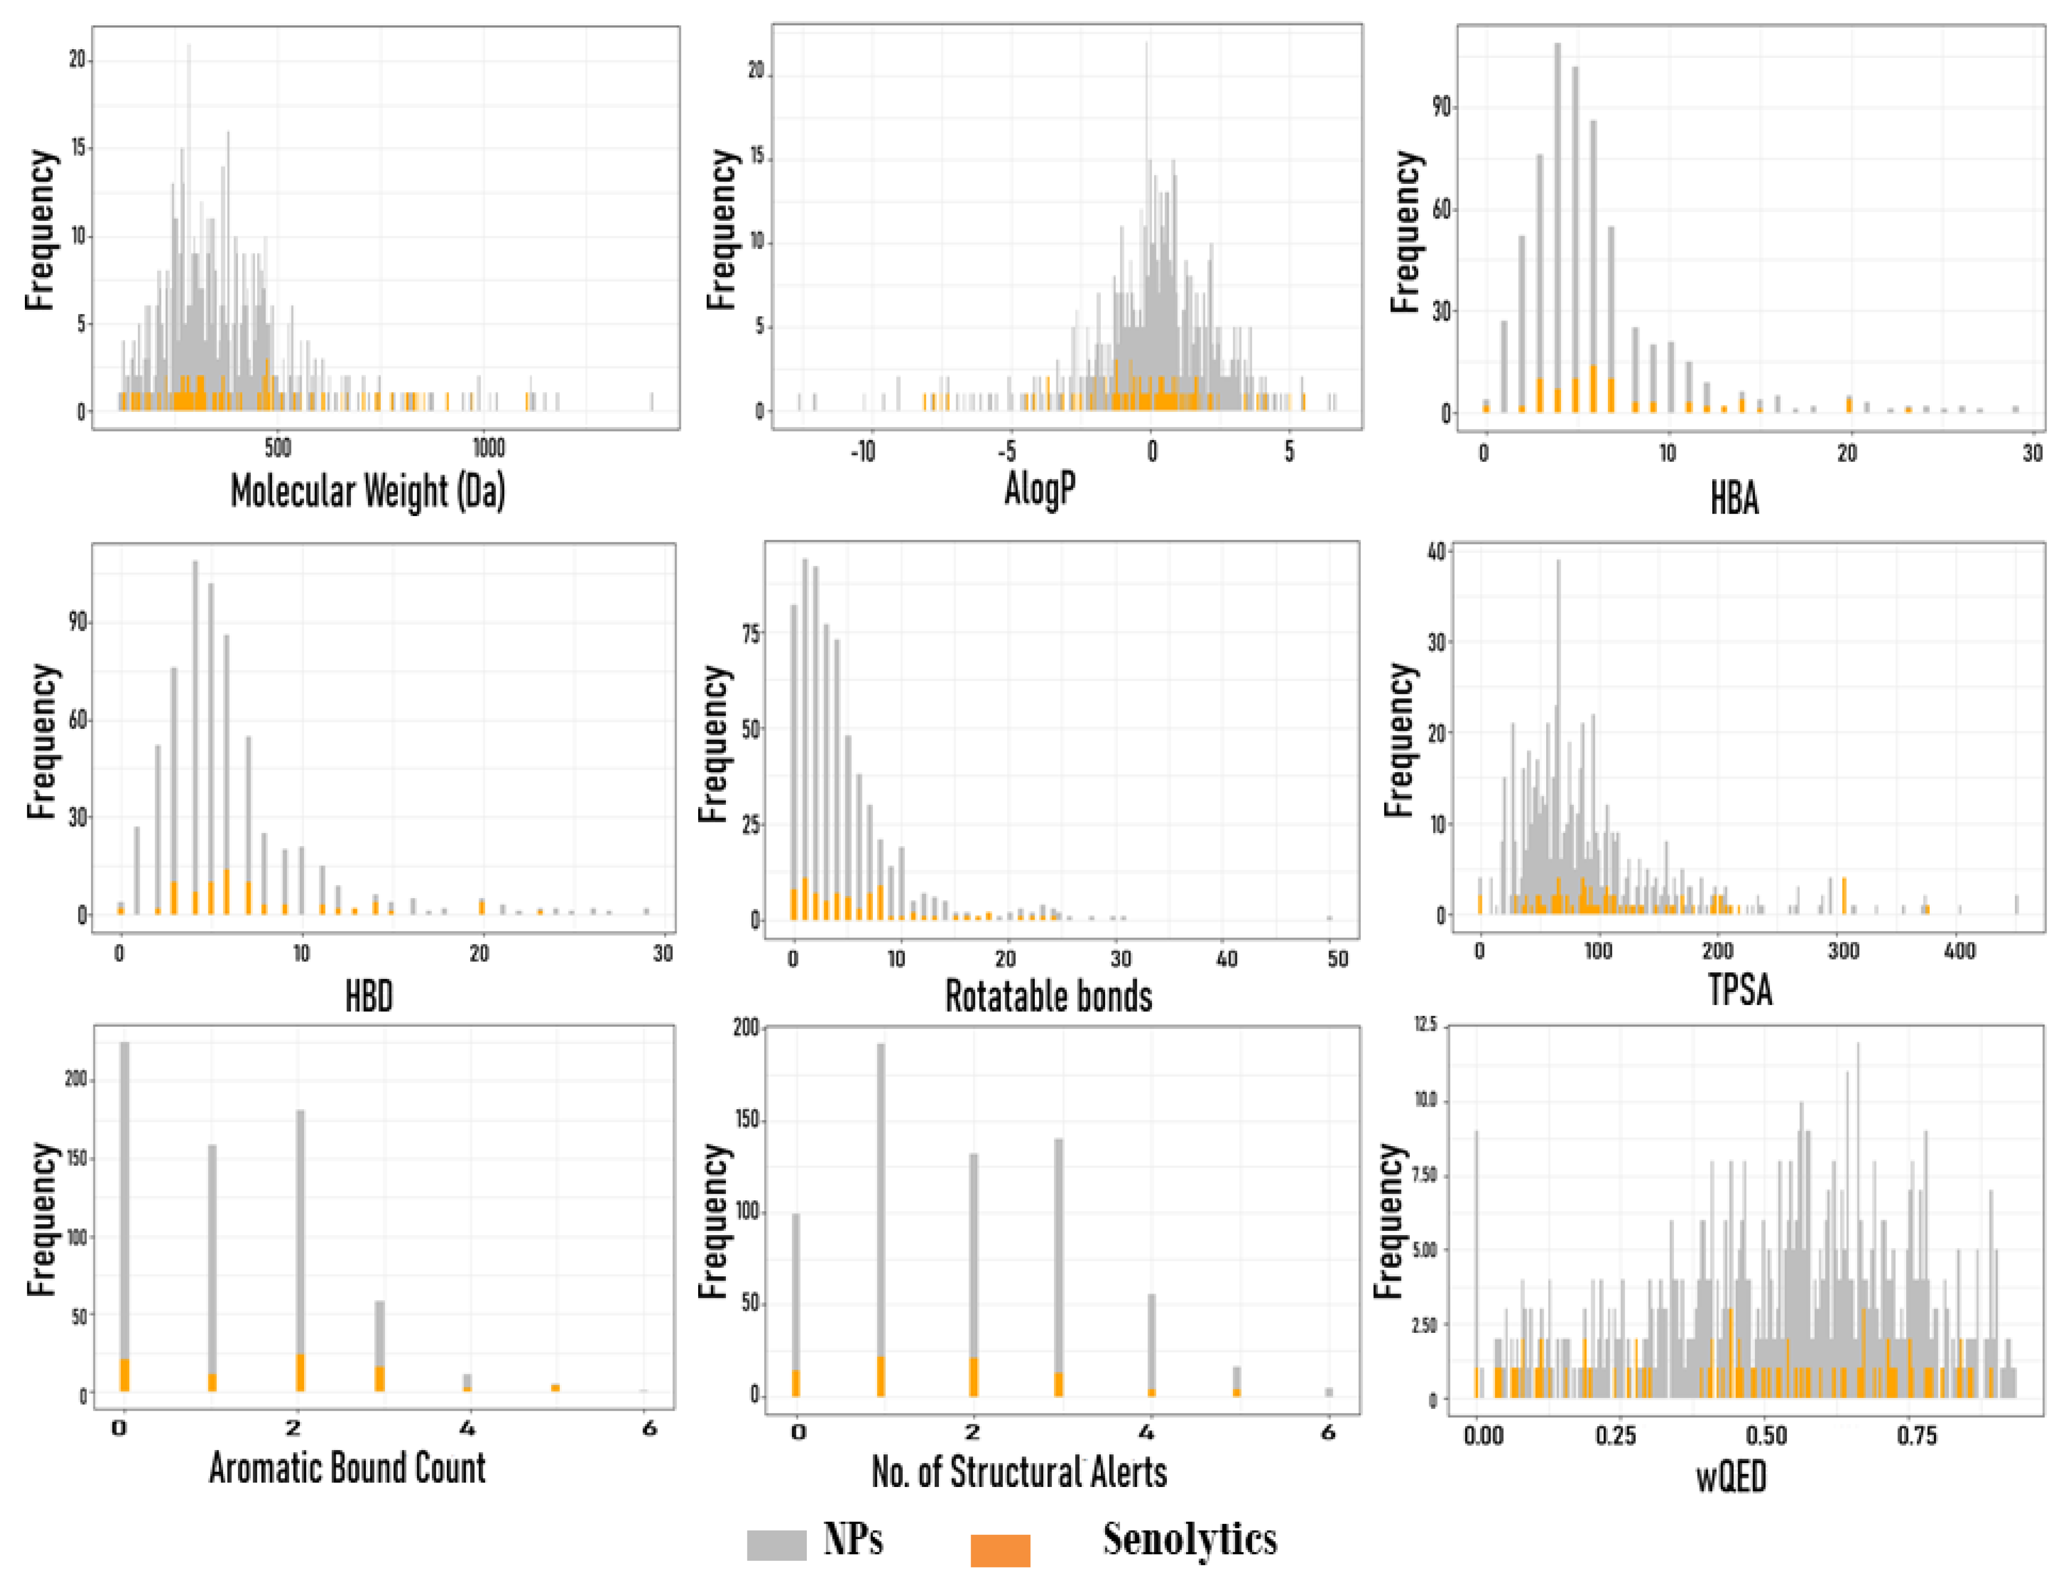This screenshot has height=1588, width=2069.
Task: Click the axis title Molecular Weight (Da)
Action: [368, 491]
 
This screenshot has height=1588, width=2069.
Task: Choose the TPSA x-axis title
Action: [1740, 990]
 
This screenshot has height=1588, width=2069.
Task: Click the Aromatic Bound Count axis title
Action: [347, 1468]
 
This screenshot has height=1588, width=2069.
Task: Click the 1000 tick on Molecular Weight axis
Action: [489, 447]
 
